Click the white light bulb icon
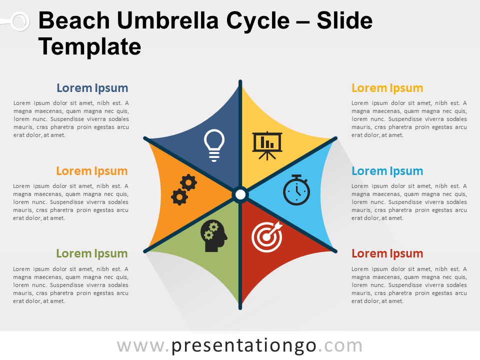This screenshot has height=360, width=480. coord(214,145)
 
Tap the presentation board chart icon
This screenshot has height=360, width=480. coord(267,145)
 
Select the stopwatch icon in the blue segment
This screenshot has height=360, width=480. coord(296,190)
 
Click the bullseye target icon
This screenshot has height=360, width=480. coord(267,236)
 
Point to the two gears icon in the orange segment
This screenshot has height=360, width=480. coord(183,189)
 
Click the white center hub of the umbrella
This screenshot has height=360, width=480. coord(240,194)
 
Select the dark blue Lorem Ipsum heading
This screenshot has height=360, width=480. coord(92,88)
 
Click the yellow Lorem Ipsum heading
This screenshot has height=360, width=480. coord(387,88)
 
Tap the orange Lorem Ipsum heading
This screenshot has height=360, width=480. coord(92,171)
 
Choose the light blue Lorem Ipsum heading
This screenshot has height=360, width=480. coord(387,171)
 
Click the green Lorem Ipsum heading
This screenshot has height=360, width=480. coord(92,253)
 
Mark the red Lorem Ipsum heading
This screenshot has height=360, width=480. coord(387,253)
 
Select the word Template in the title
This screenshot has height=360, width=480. coord(89,46)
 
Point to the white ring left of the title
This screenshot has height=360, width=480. coord(19,21)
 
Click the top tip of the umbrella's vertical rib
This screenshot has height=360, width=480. coord(240,81)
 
